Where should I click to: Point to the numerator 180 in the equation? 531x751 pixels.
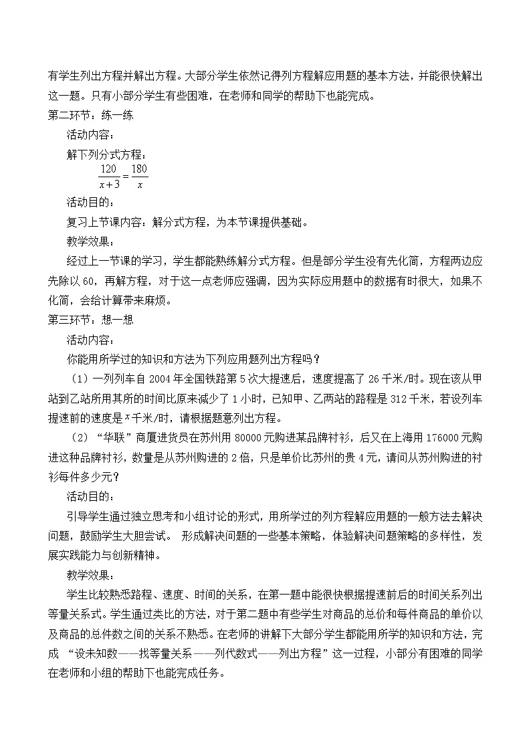[139, 170]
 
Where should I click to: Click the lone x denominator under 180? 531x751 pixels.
[140, 185]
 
